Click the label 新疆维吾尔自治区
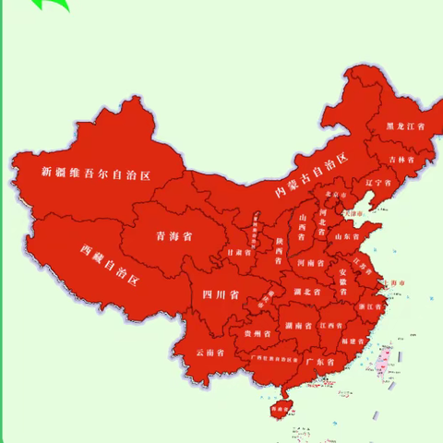coord(96,172)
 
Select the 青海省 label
coord(174,236)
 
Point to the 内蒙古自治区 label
coord(314,177)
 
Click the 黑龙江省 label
coord(405,126)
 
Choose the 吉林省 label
coord(401,159)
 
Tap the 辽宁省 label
coord(379,183)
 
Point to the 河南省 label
coord(310,263)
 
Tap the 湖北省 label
coord(306,293)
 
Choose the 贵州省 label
coord(257,333)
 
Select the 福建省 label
coord(352,341)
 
